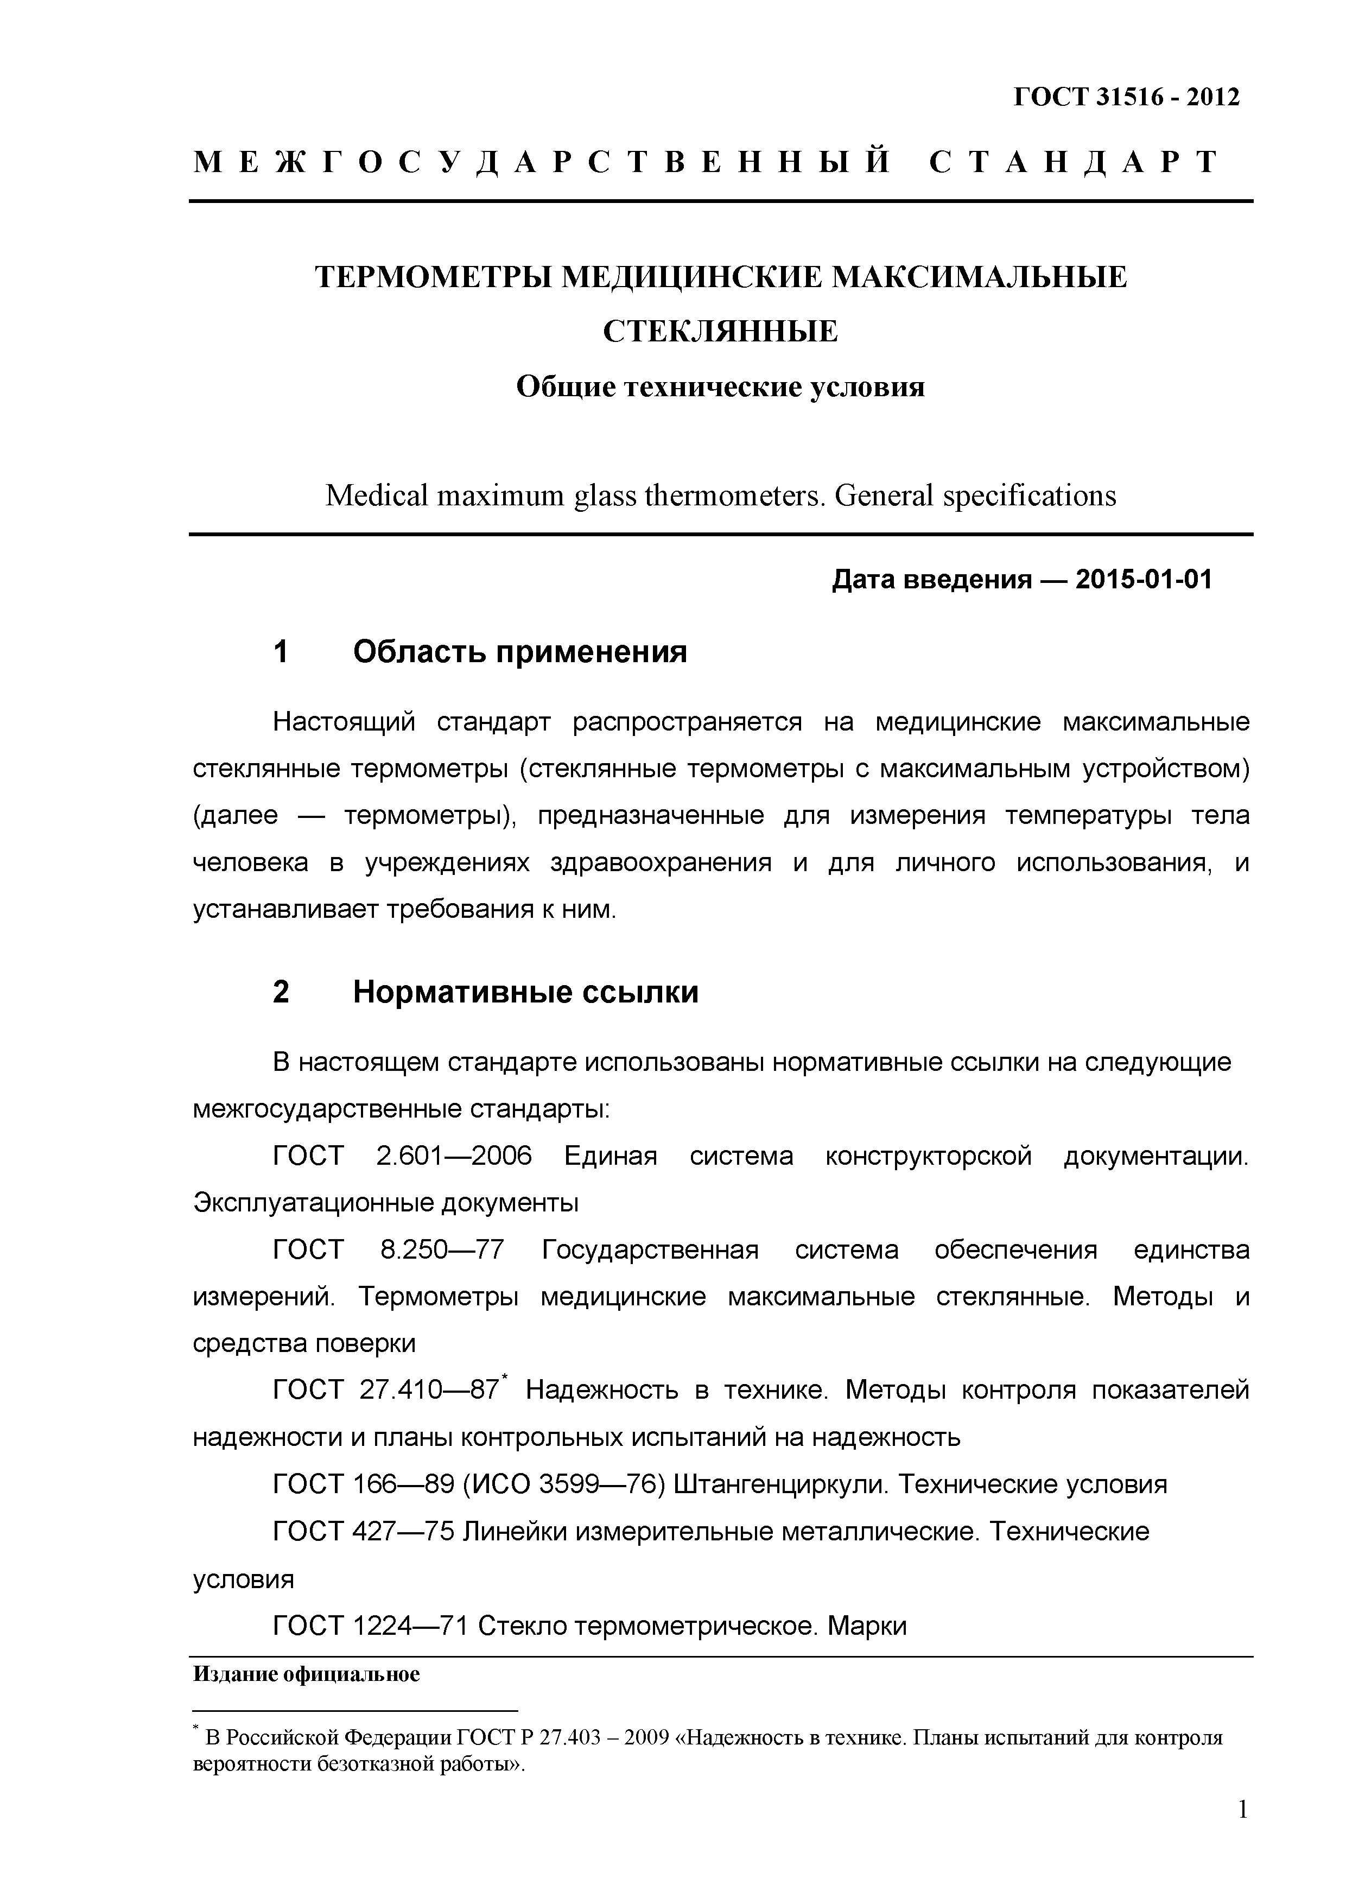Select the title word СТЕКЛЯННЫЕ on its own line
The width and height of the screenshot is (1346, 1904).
coord(720,332)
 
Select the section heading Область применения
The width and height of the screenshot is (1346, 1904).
coord(520,652)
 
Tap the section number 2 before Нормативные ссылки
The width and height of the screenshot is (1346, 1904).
coord(281,992)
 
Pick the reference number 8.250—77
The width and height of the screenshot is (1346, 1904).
coord(442,1250)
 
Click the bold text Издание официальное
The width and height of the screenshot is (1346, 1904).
coord(306,1674)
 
